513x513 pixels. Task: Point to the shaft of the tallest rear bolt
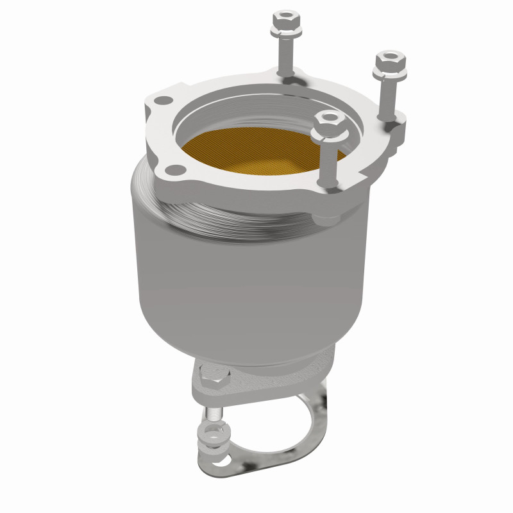pos(285,55)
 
